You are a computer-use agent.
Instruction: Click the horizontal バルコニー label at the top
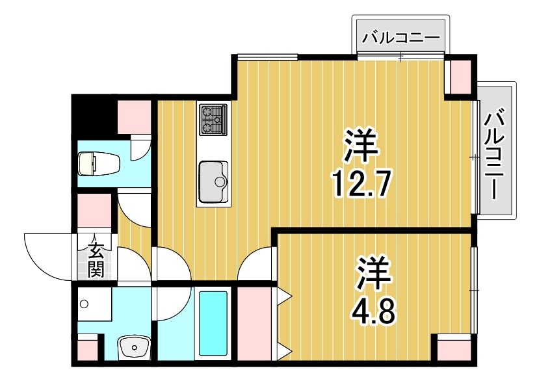click(x=401, y=36)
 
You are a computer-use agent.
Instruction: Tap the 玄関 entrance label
click(x=96, y=258)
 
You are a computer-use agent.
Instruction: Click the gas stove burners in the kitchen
click(x=213, y=120)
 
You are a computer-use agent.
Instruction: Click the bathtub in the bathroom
click(x=212, y=323)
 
